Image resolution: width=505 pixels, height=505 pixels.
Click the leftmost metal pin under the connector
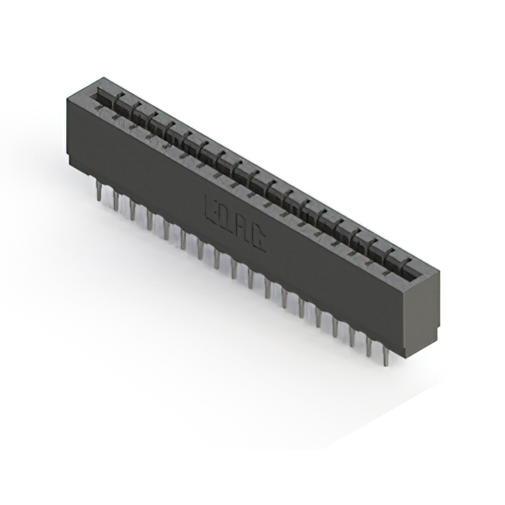tap(98, 192)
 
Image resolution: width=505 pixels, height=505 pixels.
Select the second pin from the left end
tap(115, 202)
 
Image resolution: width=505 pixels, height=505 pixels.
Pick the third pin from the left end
tap(132, 211)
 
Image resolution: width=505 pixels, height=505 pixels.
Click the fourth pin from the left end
tap(148, 221)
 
